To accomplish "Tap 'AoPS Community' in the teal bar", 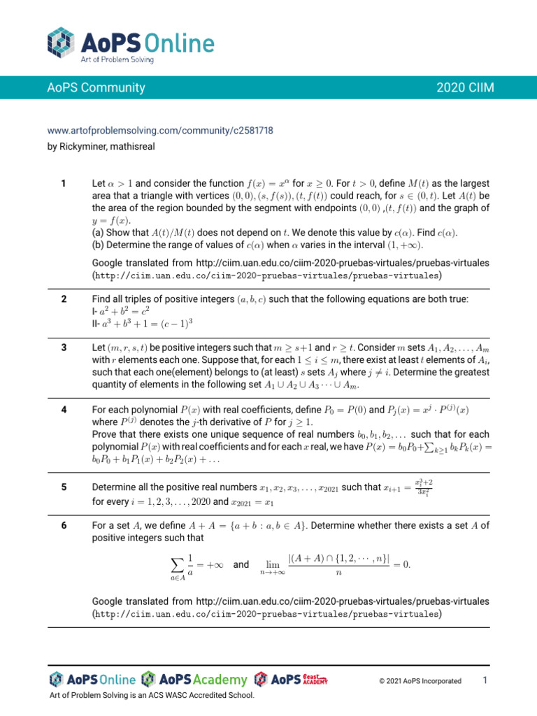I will (x=96, y=87).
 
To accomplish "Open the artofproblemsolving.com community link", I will (x=159, y=130).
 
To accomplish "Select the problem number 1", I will (x=64, y=183).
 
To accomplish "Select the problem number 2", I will (x=64, y=299).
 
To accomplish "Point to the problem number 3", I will (x=64, y=347).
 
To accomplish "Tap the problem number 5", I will (x=64, y=487).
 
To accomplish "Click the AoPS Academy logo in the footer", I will (x=194, y=680).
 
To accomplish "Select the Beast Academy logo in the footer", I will (x=291, y=680).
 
